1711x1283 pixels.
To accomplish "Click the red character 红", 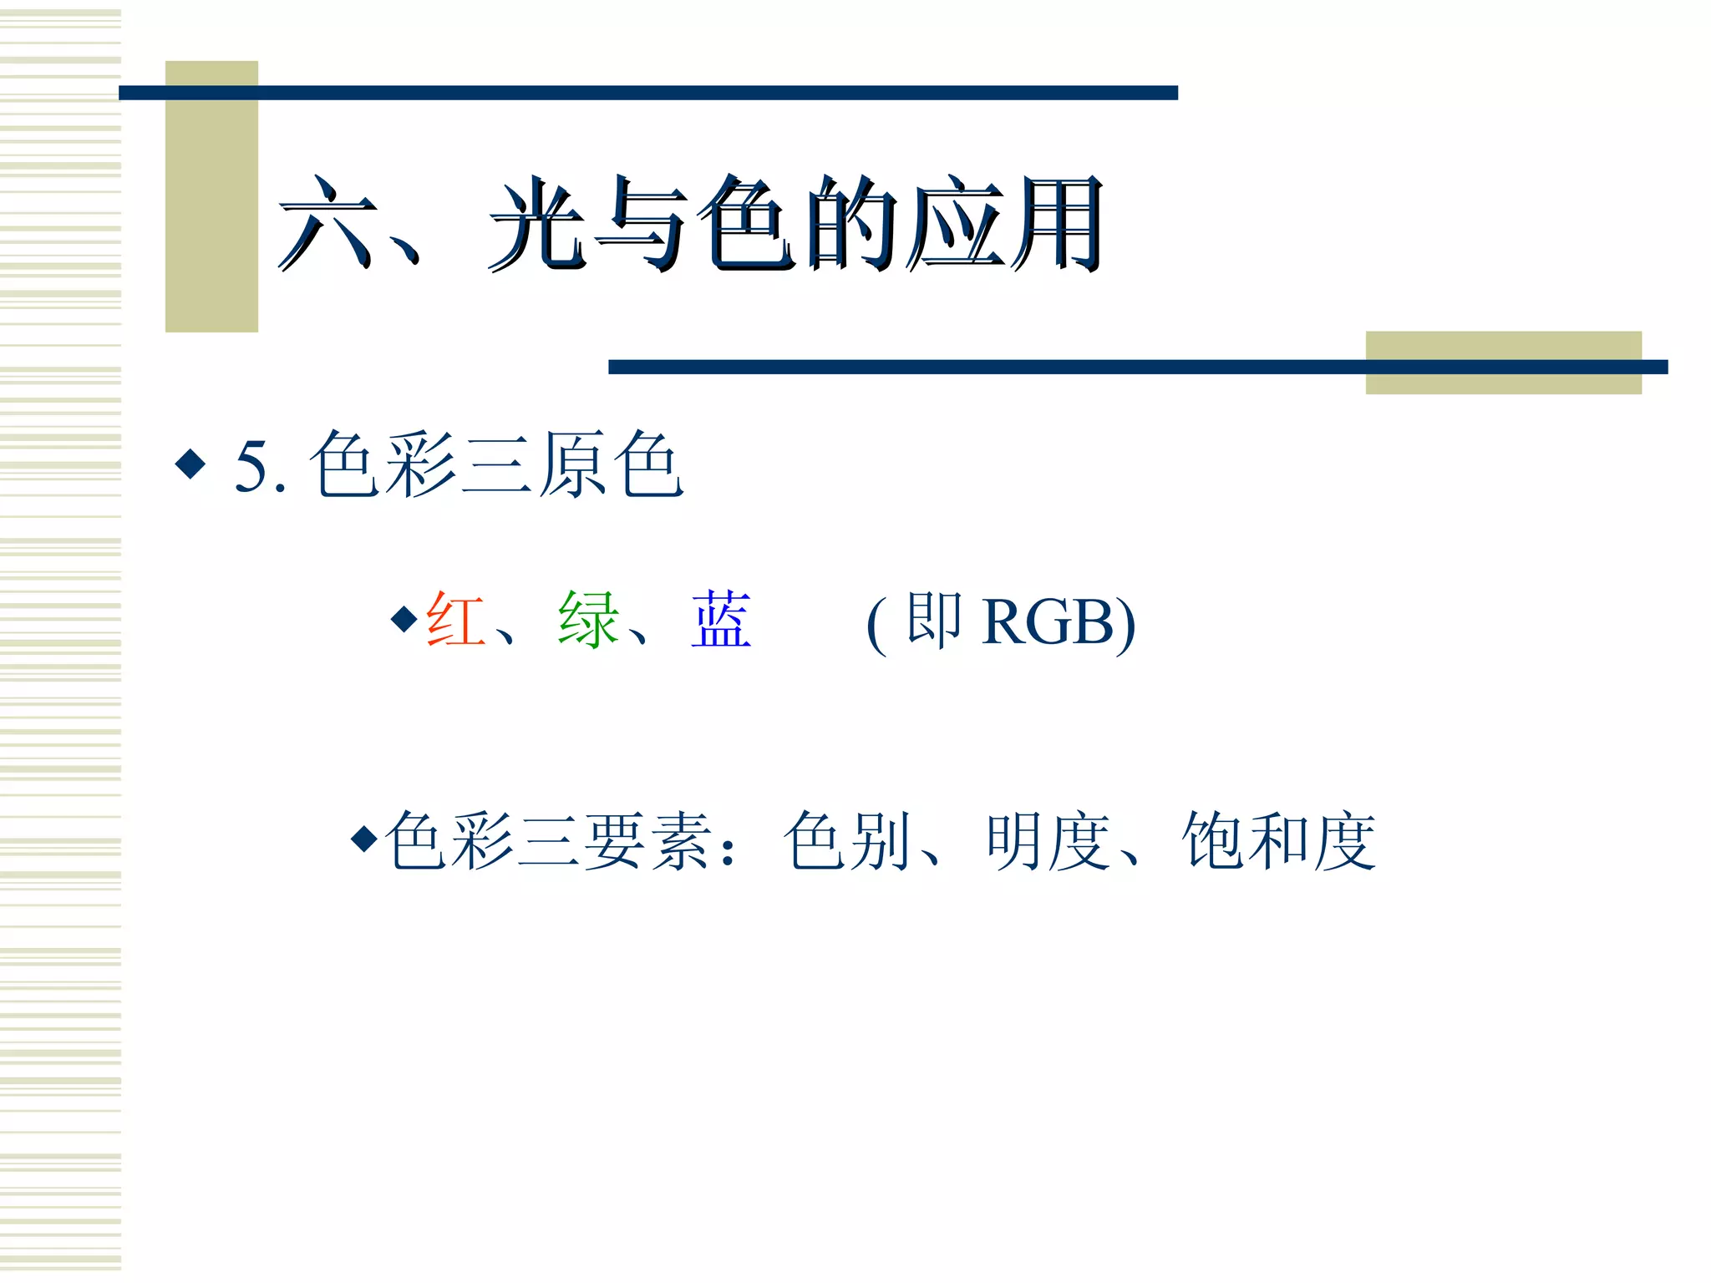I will [x=455, y=620].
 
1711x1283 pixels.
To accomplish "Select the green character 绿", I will [x=589, y=620].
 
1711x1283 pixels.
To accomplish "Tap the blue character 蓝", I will [x=721, y=620].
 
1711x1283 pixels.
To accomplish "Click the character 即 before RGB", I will [x=934, y=620].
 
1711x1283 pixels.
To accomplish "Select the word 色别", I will [x=847, y=841].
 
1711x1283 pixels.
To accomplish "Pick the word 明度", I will [x=1048, y=841].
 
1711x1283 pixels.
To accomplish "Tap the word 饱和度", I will [x=1278, y=841].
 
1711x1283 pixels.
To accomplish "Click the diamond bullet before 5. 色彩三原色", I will [x=190, y=464].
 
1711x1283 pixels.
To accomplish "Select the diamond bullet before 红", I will [x=404, y=619].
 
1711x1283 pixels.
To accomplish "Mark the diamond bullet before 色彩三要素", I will [x=364, y=838].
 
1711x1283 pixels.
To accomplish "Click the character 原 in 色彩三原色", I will [x=571, y=465].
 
